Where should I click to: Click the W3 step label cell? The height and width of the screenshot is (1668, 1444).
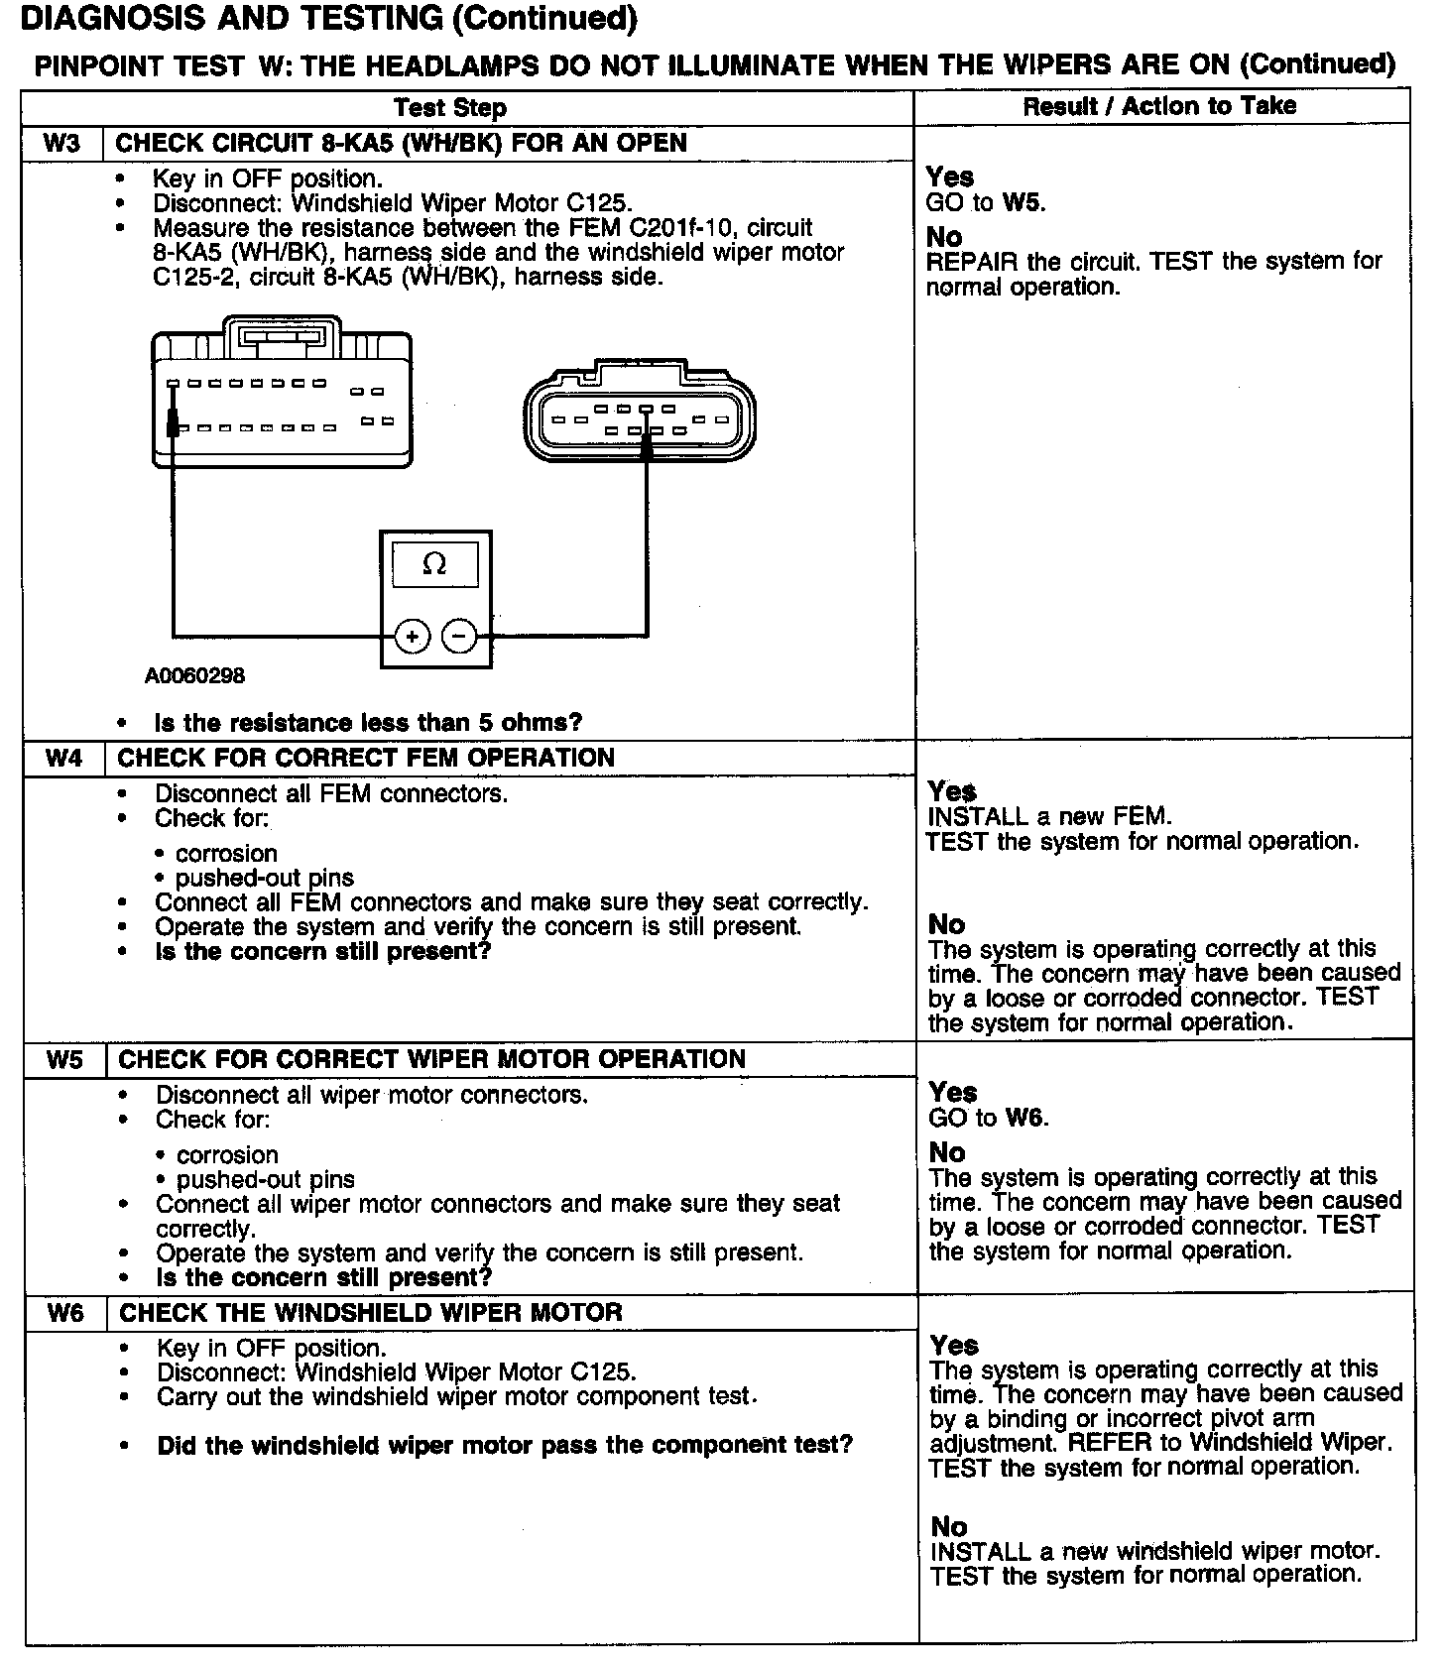click(61, 143)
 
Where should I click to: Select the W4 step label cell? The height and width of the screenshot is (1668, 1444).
click(64, 759)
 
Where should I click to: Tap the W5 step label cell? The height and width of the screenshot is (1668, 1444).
click(64, 1059)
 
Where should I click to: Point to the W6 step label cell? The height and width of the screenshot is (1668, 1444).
click(65, 1313)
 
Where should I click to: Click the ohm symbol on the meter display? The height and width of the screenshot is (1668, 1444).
click(434, 564)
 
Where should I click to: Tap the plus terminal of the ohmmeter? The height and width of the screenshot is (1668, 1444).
click(412, 636)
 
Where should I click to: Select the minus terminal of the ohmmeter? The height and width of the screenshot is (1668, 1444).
click(459, 636)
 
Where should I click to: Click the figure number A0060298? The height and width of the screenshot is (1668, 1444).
click(194, 676)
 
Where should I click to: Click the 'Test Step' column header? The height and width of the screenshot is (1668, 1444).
click(449, 107)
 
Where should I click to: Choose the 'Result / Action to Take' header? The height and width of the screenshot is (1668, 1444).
click(1159, 105)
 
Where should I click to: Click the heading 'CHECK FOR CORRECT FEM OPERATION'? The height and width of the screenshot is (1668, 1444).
click(366, 759)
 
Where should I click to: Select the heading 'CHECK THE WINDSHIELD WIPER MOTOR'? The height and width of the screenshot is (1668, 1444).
click(370, 1313)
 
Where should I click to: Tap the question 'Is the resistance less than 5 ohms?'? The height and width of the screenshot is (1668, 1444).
click(368, 722)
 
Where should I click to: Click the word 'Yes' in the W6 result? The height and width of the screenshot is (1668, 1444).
click(954, 1346)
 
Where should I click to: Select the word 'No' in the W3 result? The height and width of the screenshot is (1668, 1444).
click(944, 237)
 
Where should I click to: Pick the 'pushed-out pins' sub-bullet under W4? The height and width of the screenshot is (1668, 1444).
click(264, 878)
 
